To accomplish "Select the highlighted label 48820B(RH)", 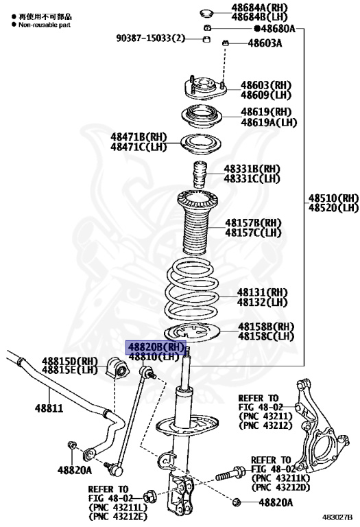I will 154,347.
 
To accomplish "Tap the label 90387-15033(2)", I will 150,38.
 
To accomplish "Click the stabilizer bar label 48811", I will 49,409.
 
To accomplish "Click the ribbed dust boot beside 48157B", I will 203,226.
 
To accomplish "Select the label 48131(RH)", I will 263,292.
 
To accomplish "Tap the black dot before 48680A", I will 258,28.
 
